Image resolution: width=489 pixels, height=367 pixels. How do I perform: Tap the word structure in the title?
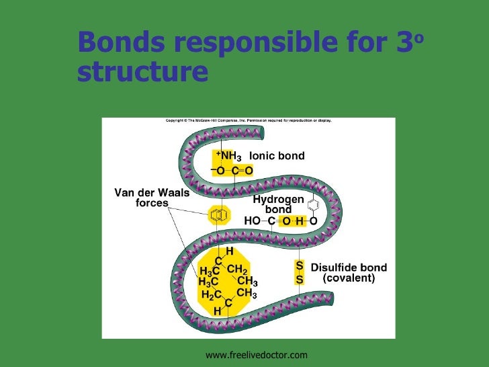pyautogui.click(x=143, y=73)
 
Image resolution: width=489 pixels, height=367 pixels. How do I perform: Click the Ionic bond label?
pyautogui.click(x=277, y=156)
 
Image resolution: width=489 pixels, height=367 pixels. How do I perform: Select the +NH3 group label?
pyautogui.click(x=229, y=157)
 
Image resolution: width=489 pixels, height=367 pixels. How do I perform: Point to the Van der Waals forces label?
pyautogui.click(x=152, y=198)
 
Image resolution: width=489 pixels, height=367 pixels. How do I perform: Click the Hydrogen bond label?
pyautogui.click(x=278, y=204)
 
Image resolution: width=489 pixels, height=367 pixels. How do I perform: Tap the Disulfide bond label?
pyautogui.click(x=349, y=268)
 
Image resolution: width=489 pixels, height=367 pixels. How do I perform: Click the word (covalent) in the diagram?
pyautogui.click(x=349, y=278)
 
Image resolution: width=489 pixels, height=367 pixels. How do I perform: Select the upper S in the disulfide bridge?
pyautogui.click(x=300, y=266)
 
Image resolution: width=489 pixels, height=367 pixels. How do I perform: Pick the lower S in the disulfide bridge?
pyautogui.click(x=300, y=278)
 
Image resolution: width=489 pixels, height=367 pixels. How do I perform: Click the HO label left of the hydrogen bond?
pyautogui.click(x=252, y=220)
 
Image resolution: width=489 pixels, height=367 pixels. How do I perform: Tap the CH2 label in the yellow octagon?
pyautogui.click(x=238, y=269)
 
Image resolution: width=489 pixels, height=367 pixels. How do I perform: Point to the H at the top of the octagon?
pyautogui.click(x=229, y=251)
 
